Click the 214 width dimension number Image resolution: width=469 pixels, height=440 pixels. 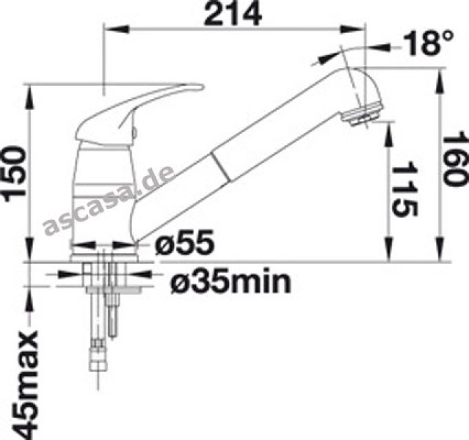(x=232, y=14)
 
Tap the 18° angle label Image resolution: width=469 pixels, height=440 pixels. (x=428, y=43)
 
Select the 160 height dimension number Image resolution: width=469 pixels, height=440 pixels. (x=454, y=159)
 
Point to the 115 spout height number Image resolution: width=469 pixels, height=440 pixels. (x=404, y=190)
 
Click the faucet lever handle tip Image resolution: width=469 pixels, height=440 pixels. (x=200, y=87)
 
